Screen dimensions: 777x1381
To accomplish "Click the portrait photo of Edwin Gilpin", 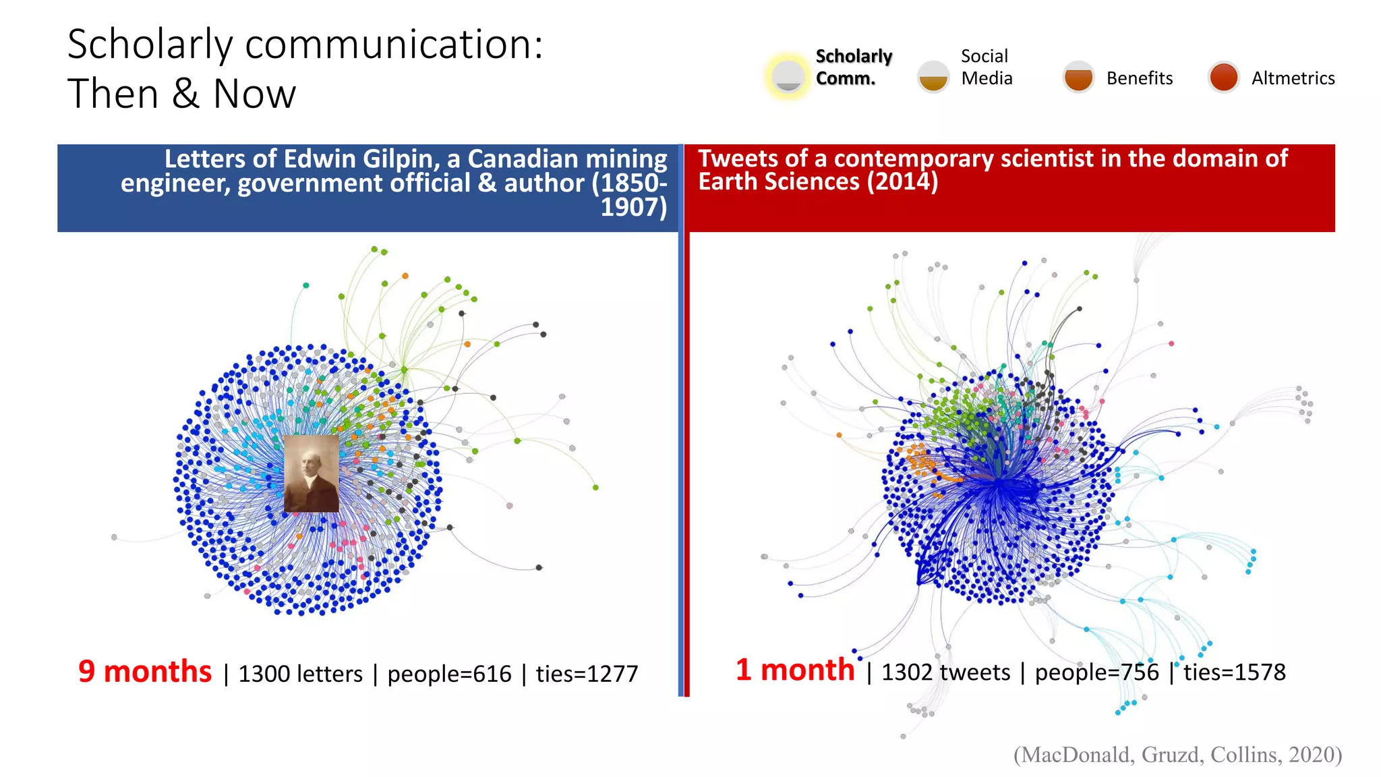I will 311,473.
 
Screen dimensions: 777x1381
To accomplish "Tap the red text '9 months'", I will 145,672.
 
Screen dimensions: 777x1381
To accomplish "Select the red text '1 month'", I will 795,670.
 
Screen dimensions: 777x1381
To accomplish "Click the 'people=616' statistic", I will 449,674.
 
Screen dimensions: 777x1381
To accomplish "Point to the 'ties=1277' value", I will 587,674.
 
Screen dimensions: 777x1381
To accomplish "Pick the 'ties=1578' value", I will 1234,672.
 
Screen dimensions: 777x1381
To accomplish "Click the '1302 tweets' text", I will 945,672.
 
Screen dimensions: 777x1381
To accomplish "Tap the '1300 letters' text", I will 300,674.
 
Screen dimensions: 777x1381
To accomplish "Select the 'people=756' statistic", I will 1096,672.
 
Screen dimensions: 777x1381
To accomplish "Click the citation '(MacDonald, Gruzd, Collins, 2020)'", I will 1177,754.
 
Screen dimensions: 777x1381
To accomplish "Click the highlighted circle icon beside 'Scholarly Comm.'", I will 788,76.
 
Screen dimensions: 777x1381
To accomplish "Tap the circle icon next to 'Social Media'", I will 933,76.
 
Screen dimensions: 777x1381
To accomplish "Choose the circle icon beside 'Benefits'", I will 1078,76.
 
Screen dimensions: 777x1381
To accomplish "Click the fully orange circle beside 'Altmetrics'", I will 1223,76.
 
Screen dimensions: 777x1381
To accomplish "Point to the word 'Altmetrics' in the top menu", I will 1293,78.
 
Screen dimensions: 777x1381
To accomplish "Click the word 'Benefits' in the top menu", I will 1139,78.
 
